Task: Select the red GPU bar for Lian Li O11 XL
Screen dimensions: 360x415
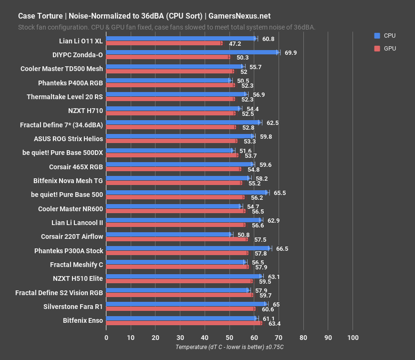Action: pyautogui.click(x=164, y=43)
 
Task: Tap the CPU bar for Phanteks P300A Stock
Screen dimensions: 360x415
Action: pyautogui.click(x=188, y=248)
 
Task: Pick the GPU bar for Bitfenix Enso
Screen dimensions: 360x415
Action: pyautogui.click(x=184, y=323)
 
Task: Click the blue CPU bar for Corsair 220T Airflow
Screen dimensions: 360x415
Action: pyautogui.click(x=169, y=234)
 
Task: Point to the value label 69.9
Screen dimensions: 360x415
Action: pyautogui.click(x=291, y=52)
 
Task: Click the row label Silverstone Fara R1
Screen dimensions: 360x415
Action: pyautogui.click(x=73, y=307)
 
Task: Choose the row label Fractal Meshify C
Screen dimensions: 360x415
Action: pyautogui.click(x=76, y=265)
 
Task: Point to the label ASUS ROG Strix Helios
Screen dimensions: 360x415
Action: pyautogui.click(x=68, y=139)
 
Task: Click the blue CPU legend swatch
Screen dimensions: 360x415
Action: pyautogui.click(x=377, y=36)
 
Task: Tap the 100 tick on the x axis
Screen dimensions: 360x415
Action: pyautogui.click(x=353, y=338)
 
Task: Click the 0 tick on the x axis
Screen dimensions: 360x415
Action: pyautogui.click(x=106, y=338)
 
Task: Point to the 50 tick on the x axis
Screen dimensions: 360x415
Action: pyautogui.click(x=229, y=338)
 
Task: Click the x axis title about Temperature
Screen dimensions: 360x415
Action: pyautogui.click(x=229, y=347)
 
